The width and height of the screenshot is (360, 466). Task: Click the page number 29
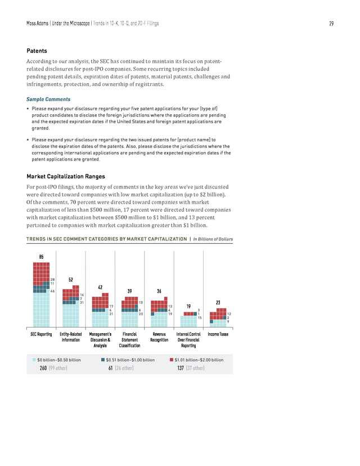click(x=331, y=24)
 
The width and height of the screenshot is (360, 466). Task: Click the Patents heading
click(x=37, y=51)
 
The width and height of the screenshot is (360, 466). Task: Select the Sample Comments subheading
click(x=48, y=99)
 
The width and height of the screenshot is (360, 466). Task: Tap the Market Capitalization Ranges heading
click(x=66, y=177)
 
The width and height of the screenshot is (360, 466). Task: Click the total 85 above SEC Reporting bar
click(x=41, y=257)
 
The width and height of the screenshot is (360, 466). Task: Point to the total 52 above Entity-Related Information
click(x=71, y=280)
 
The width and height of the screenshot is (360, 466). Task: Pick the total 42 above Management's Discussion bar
click(x=100, y=288)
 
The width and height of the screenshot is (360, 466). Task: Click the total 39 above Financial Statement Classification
click(x=129, y=292)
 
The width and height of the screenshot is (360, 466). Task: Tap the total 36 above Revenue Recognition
click(x=159, y=292)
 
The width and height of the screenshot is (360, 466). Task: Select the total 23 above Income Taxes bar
click(x=218, y=303)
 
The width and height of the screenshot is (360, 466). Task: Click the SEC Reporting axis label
click(x=41, y=334)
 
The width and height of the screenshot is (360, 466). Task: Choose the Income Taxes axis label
click(x=218, y=334)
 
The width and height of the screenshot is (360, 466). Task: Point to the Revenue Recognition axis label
click(x=159, y=337)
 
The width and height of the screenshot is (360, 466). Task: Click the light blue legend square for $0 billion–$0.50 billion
click(x=34, y=360)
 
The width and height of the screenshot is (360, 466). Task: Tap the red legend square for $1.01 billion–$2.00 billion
click(x=172, y=360)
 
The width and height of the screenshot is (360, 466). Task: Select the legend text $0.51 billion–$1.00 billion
click(x=130, y=360)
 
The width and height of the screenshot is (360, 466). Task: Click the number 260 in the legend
click(x=43, y=368)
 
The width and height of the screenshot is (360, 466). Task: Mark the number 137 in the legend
click(x=181, y=368)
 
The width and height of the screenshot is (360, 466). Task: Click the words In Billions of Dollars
click(x=213, y=239)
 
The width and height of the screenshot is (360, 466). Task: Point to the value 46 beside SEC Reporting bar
click(x=52, y=292)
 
